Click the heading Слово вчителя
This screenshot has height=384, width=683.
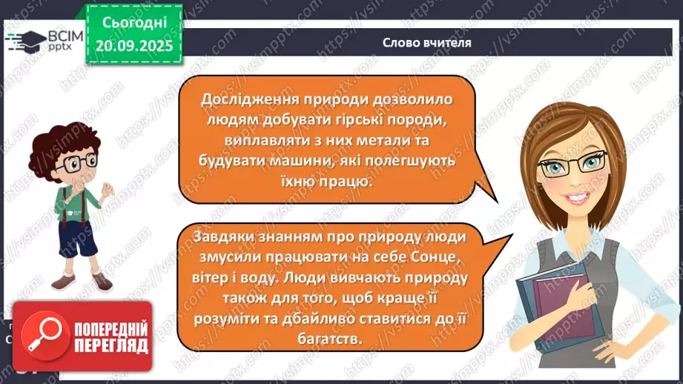(427, 42)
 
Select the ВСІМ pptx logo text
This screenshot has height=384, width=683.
(63, 39)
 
